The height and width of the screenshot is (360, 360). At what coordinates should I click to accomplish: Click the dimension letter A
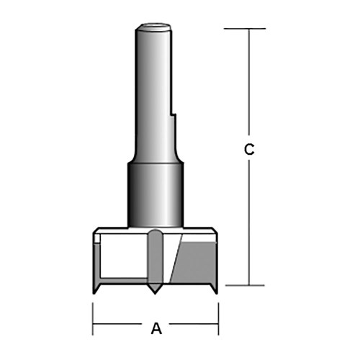[156, 329]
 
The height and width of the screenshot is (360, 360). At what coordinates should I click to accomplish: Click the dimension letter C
[248, 150]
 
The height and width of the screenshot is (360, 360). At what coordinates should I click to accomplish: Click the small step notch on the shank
[174, 115]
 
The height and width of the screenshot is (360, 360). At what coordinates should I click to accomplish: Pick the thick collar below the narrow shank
[154, 194]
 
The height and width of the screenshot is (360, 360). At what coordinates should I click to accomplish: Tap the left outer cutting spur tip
[95, 292]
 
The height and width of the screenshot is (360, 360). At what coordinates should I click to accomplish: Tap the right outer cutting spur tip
[215, 292]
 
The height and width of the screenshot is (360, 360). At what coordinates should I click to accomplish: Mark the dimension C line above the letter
[248, 86]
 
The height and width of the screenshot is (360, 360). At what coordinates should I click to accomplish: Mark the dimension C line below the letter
[248, 223]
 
